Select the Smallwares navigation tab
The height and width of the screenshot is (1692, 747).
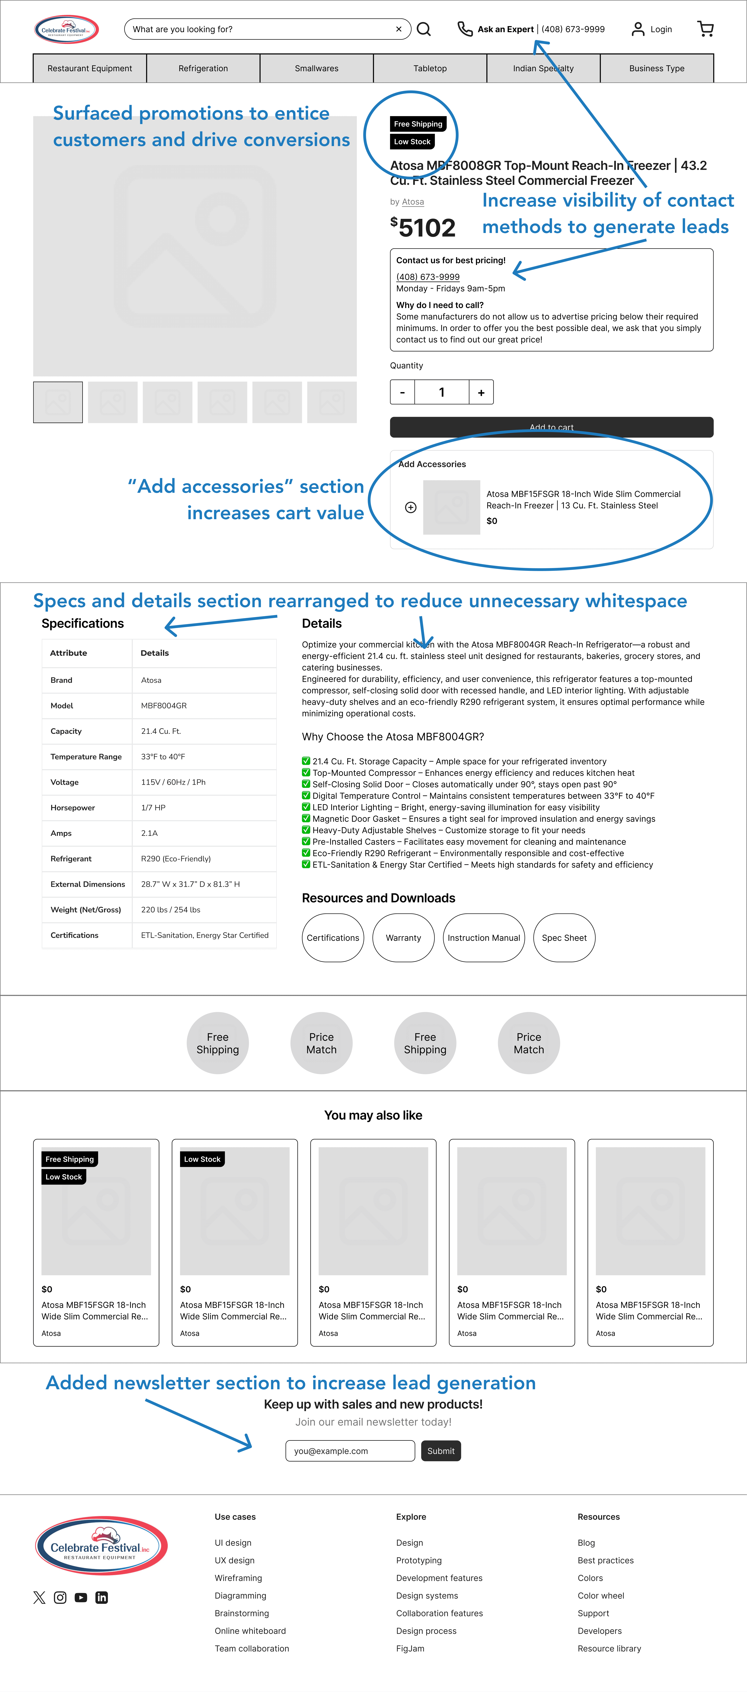317,68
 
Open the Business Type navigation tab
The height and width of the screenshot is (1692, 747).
656,68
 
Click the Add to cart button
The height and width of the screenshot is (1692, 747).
551,427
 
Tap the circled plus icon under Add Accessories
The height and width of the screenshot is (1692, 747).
411,507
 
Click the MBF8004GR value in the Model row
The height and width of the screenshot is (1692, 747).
164,705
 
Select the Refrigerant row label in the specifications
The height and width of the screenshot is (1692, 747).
71,858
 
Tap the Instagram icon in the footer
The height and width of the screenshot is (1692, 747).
60,1597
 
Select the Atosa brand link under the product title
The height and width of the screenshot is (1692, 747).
413,202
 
